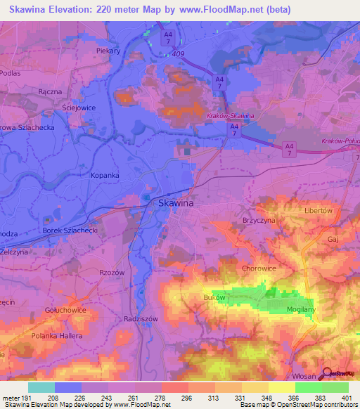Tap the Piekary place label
tap(110, 51)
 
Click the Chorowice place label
tap(258, 268)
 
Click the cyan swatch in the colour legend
tap(41, 387)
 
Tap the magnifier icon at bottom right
tap(325, 374)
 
